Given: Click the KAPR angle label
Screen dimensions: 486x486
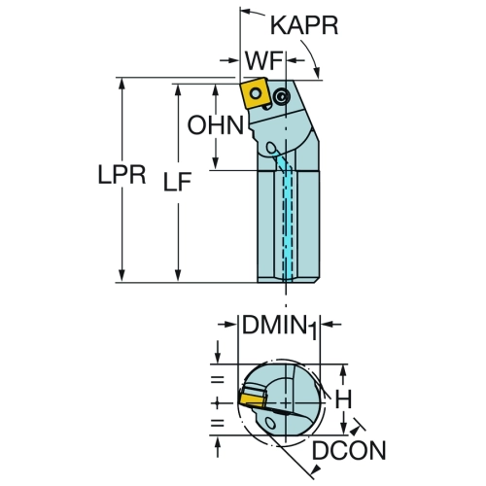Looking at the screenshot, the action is tap(304, 25).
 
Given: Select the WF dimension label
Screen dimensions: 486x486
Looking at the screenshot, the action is tap(263, 60).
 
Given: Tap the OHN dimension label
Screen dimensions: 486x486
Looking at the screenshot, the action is tap(216, 125).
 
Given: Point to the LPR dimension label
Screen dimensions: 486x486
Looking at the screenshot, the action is tap(121, 175).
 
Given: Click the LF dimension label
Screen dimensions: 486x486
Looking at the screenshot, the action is tap(177, 181).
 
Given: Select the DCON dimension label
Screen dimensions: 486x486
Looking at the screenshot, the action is tap(349, 450).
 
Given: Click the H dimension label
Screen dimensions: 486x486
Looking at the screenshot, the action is tap(343, 399).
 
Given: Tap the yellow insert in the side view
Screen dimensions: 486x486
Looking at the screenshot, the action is tap(255, 94).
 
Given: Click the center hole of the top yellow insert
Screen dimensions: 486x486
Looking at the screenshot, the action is tap(256, 94).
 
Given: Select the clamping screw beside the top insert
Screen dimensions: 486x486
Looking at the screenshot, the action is tap(281, 96).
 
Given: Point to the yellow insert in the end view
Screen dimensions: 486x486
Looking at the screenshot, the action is tap(252, 399).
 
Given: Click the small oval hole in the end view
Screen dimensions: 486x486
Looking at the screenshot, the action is tap(269, 423).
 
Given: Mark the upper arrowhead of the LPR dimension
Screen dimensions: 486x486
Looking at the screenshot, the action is tap(121, 84).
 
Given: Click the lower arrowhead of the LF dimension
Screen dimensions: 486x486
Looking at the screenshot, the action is tap(178, 276).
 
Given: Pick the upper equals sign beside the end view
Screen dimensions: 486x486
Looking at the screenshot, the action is tap(218, 379).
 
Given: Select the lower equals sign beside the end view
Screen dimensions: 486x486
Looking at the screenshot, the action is tap(218, 423).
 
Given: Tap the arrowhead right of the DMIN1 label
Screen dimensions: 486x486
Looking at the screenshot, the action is tap(327, 325).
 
